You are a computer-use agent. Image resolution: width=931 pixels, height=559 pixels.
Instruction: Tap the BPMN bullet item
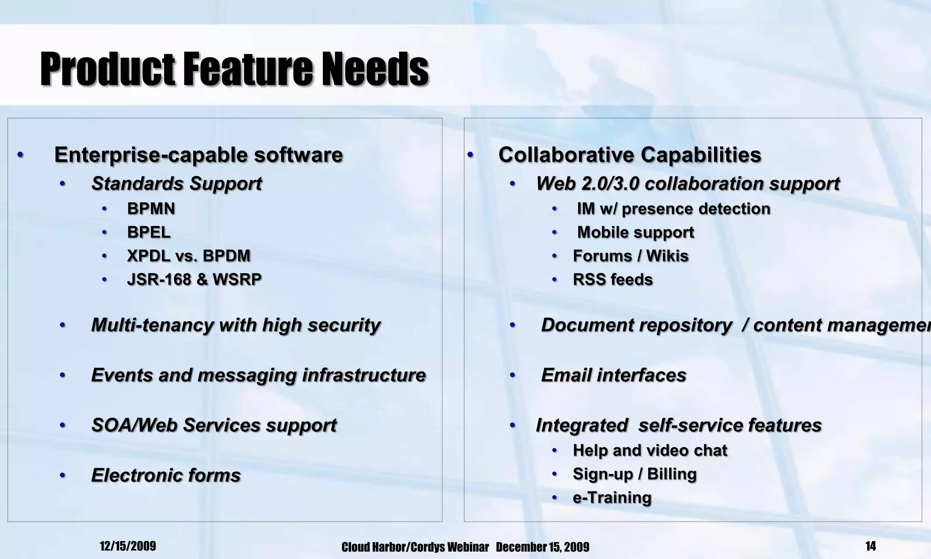151,209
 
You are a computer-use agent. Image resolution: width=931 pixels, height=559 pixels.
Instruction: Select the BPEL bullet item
149,232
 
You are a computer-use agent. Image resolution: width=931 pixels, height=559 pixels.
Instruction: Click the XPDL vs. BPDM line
189,256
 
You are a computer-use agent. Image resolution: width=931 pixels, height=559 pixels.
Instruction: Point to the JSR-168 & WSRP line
194,279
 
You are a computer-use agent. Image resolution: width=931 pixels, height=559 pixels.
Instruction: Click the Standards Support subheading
176,184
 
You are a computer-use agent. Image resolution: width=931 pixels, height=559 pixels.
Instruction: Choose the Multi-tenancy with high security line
235,325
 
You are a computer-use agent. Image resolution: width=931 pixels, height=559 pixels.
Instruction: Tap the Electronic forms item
166,475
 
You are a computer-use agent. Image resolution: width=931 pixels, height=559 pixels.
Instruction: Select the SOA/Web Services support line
214,425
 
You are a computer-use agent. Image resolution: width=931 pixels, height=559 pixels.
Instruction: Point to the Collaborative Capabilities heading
630,155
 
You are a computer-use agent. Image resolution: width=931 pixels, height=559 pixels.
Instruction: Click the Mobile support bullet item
636,232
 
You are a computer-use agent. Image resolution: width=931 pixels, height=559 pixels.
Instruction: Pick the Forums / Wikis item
631,256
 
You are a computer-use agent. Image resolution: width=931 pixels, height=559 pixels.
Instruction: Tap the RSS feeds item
613,279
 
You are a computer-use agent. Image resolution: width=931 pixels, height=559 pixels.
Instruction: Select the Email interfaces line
614,375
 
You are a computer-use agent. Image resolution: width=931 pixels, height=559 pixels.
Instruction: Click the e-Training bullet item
612,498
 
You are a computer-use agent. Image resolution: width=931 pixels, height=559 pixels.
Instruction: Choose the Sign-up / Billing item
635,474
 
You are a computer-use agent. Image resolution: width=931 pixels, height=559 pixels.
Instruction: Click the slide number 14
871,546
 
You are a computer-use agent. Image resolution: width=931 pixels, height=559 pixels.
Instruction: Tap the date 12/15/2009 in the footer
128,546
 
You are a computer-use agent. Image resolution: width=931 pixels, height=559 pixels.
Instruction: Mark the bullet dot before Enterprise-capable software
20,155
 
